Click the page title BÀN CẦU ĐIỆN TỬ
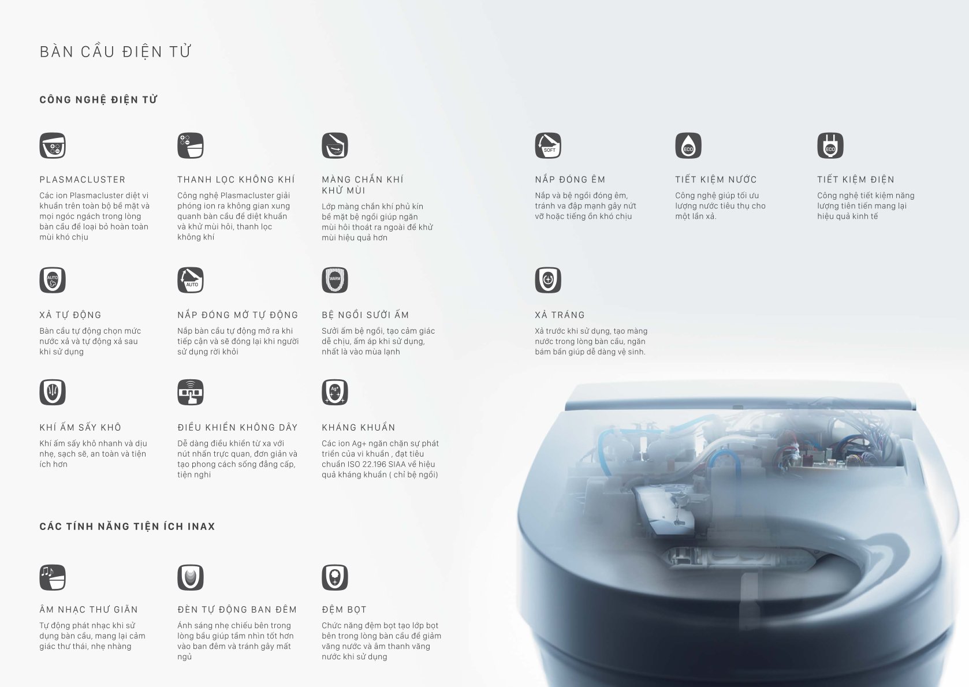(115, 51)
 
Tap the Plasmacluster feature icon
(53, 145)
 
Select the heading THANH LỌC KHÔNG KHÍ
(236, 179)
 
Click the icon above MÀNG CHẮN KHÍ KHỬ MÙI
(335, 145)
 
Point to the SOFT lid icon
(548, 145)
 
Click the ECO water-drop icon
(688, 145)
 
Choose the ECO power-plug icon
(830, 145)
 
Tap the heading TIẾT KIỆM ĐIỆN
(856, 179)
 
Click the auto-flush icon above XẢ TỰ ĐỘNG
(53, 280)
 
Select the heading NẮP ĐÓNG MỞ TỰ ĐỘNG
(238, 315)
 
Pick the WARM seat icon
(335, 280)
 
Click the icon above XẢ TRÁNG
(548, 280)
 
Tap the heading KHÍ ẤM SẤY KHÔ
(80, 427)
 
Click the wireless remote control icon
(191, 392)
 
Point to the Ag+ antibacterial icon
(335, 392)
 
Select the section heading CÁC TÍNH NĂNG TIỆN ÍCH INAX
(127, 526)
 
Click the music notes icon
(53, 577)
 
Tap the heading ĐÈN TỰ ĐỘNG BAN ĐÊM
(237, 609)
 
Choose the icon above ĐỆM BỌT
(335, 577)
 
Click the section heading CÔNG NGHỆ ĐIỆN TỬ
(99, 99)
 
